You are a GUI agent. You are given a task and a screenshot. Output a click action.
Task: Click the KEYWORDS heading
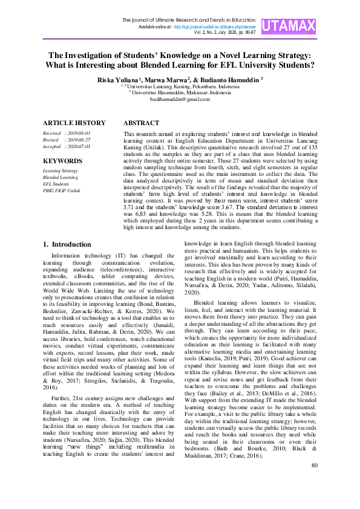coord(62,161)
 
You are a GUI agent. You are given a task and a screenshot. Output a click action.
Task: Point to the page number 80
coord(314,482)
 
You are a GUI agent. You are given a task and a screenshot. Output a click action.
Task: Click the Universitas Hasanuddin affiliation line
coord(180,92)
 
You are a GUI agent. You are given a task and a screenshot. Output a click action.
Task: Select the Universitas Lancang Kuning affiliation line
coord(180,86)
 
